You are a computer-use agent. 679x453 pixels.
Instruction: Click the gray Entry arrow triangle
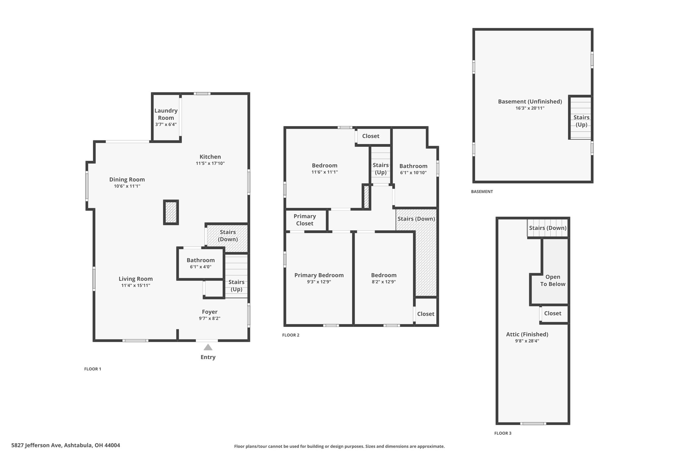(208, 347)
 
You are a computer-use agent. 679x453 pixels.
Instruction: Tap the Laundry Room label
(166, 114)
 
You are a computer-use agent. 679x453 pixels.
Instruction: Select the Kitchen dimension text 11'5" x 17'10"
(210, 163)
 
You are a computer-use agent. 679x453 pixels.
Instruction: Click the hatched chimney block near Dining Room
(171, 212)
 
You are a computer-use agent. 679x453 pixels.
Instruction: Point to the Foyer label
(210, 312)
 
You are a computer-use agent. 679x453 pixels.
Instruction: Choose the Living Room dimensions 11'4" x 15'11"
(136, 285)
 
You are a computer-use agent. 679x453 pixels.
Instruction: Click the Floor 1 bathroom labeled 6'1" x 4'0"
(201, 264)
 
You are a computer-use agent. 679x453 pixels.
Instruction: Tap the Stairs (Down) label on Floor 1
(228, 236)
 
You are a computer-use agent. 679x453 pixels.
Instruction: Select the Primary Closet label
(305, 220)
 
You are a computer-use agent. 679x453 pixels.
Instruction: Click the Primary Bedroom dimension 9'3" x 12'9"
(319, 282)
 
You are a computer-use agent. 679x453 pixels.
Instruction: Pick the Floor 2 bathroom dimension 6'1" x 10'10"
(413, 173)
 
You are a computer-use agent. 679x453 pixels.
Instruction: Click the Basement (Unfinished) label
(530, 102)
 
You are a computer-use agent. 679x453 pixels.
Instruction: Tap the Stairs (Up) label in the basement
(581, 121)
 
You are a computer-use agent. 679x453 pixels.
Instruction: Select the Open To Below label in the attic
(553, 280)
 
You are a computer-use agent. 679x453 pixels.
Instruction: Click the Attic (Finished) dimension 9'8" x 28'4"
(527, 340)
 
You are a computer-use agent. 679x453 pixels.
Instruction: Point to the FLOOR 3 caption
(503, 433)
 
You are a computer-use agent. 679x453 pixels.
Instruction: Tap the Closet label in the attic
(553, 313)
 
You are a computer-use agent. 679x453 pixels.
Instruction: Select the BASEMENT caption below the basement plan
(482, 191)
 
